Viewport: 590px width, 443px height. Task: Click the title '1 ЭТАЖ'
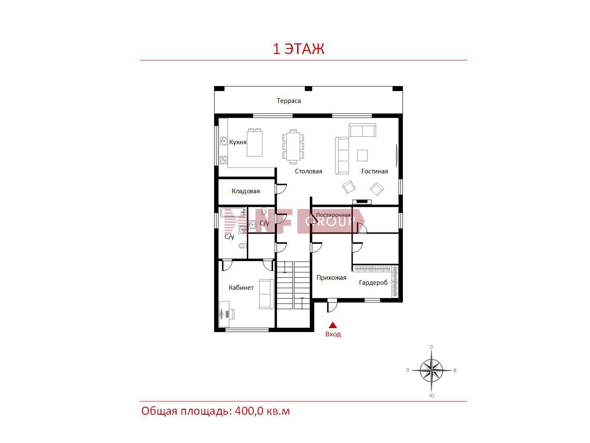(x=298, y=49)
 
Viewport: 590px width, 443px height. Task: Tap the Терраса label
(x=289, y=101)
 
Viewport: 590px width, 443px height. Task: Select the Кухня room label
(x=238, y=142)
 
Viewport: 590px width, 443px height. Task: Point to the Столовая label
(x=308, y=171)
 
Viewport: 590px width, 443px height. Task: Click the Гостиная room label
(x=374, y=171)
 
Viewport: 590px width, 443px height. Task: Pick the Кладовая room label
(x=246, y=191)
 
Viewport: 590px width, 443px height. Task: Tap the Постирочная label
(x=333, y=215)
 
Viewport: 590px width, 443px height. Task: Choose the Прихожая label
(x=331, y=278)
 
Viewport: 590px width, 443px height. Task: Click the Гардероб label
(x=373, y=283)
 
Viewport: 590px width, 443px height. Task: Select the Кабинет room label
(x=241, y=288)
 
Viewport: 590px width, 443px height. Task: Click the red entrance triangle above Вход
(x=333, y=325)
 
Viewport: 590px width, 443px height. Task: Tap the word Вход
(x=333, y=334)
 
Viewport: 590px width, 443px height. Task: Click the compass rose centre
(x=431, y=370)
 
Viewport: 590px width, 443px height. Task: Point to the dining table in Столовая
(x=293, y=147)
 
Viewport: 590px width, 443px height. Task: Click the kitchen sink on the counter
(x=223, y=141)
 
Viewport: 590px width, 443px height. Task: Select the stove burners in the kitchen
(x=224, y=160)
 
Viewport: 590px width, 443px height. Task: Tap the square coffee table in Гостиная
(x=362, y=155)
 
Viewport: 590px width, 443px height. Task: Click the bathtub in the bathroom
(x=233, y=212)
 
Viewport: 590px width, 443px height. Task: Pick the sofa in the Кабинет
(x=266, y=294)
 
